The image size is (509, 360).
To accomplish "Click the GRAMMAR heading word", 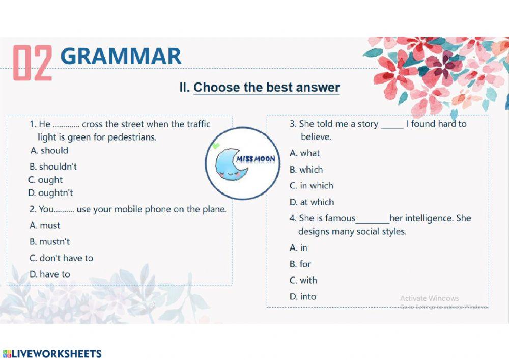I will [x=121, y=57].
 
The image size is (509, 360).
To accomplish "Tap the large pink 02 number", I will [x=33, y=63].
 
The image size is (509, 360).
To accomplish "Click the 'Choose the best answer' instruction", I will [x=266, y=87].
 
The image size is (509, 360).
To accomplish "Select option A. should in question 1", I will [x=49, y=150].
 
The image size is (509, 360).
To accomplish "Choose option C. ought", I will [x=46, y=180].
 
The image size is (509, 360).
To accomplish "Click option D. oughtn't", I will [x=51, y=193].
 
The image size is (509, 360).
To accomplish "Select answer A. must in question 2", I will [x=45, y=225].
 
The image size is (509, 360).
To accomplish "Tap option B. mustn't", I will [x=50, y=241].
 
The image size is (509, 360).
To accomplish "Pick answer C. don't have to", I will [x=62, y=258].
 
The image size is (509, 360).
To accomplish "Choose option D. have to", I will [x=50, y=274].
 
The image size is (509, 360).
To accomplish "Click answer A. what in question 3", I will [x=305, y=153].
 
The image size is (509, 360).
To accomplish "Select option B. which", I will [x=306, y=170].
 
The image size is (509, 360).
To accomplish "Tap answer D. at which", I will [x=312, y=202].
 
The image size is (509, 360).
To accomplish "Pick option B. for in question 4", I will [x=300, y=264].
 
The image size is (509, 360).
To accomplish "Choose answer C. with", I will [x=303, y=280].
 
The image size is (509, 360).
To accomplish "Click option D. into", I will [x=303, y=296].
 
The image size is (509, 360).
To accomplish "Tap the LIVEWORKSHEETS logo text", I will [x=52, y=354].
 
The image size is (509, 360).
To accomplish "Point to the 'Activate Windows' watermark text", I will [x=429, y=298].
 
